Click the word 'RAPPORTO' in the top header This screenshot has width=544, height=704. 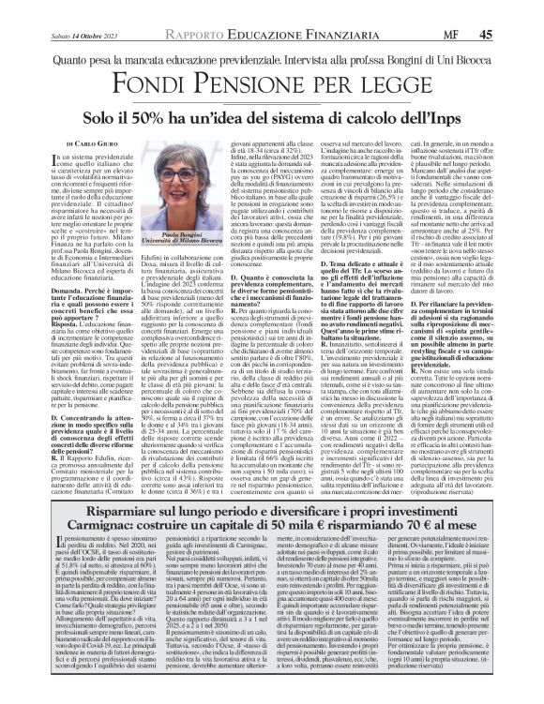pyautogui.click(x=217, y=10)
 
